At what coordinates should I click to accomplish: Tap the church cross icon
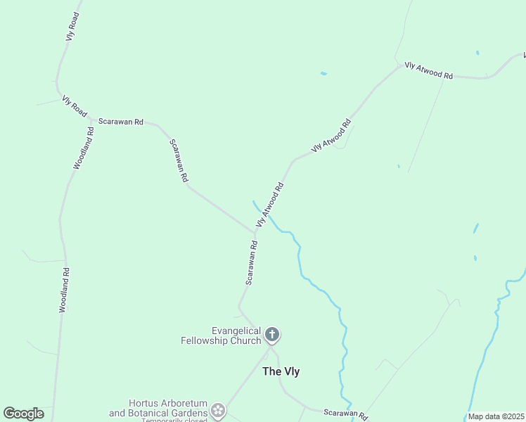point(272,335)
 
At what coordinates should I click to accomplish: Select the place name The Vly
point(281,371)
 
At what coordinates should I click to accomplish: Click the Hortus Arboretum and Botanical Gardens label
point(158,408)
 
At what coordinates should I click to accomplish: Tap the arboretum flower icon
point(218,409)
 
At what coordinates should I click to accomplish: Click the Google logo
point(23,413)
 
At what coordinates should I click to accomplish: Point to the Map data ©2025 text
point(496,416)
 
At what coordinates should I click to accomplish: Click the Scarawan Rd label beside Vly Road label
point(121,122)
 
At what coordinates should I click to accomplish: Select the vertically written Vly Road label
point(72,25)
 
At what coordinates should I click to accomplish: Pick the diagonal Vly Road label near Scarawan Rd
point(75,106)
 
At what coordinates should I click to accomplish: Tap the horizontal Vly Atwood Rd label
point(428,70)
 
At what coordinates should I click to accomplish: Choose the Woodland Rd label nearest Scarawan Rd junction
point(83,148)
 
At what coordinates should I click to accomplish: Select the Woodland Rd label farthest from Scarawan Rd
point(64,290)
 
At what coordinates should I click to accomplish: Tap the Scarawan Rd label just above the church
point(252,263)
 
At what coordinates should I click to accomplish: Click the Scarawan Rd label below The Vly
point(345,414)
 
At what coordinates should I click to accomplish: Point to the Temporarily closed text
point(174,420)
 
